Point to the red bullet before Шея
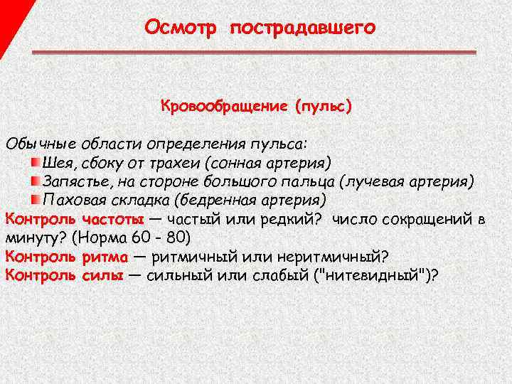tap(35, 163)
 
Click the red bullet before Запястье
tap(35, 181)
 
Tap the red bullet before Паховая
tap(35, 198)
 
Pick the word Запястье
tap(76, 181)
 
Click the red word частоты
tap(113, 218)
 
